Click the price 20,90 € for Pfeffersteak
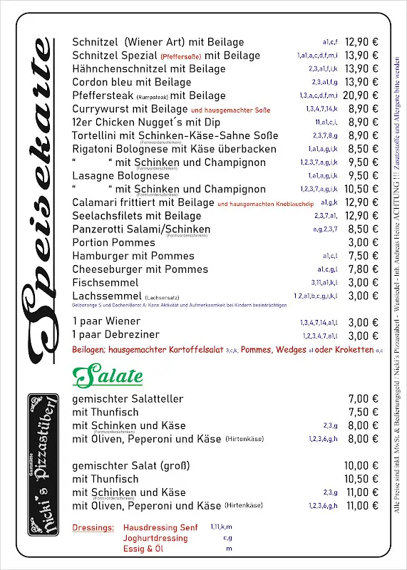click(x=361, y=95)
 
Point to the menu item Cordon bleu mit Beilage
click(x=122, y=82)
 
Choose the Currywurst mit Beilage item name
click(x=130, y=109)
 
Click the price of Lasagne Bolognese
click(x=363, y=175)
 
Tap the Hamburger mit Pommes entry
click(x=133, y=256)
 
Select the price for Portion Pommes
click(x=363, y=242)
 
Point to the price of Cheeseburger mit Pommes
click(x=363, y=269)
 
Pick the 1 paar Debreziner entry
click(x=116, y=336)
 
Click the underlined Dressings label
click(x=93, y=528)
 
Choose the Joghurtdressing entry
click(x=155, y=539)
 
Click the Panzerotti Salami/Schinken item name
click(x=141, y=229)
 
